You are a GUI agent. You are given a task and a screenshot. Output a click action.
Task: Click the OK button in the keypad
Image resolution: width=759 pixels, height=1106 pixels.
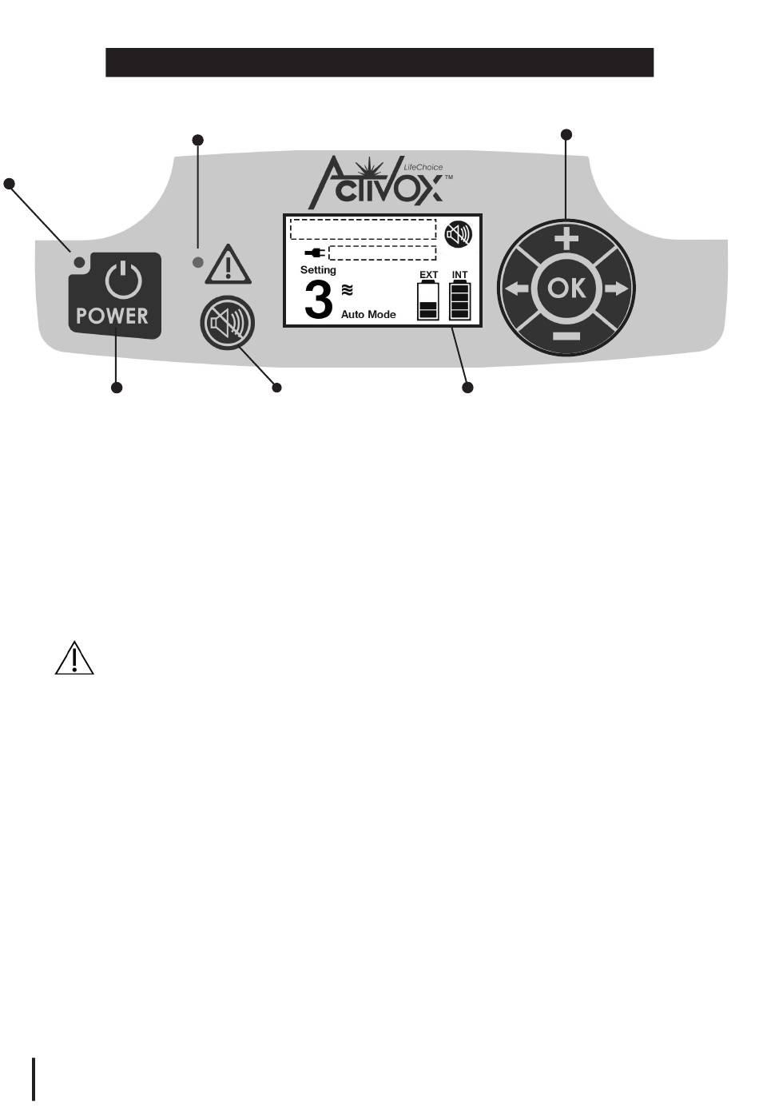566,288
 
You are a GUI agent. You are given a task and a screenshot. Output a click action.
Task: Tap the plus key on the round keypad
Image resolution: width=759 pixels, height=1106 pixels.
566,238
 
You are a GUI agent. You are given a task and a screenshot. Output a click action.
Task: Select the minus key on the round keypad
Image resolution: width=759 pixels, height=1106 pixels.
566,336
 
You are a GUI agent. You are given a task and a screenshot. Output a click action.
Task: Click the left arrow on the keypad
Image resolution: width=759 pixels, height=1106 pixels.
516,288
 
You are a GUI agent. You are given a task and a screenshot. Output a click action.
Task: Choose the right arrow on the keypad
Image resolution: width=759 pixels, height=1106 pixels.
617,288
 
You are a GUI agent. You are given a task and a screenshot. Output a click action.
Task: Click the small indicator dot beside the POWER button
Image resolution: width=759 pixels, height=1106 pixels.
79,262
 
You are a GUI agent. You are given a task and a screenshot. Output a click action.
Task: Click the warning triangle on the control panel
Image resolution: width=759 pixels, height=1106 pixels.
228,265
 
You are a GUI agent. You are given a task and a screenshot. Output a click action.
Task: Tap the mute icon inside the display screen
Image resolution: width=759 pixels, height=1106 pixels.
459,234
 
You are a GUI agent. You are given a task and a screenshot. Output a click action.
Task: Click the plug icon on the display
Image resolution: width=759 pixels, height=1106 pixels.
315,253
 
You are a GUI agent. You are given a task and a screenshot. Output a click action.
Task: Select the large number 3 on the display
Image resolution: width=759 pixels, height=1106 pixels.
319,301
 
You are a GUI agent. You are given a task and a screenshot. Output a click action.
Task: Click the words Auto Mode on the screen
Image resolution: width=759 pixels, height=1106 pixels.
368,315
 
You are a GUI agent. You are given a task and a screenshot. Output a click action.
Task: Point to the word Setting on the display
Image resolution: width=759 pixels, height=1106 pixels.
318,270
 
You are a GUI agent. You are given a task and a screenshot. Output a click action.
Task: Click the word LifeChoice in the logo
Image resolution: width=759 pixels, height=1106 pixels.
423,168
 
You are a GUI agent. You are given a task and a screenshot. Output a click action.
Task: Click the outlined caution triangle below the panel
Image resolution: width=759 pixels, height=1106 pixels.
74,658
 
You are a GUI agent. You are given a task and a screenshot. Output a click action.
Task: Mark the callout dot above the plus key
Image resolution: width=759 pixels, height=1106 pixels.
566,134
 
